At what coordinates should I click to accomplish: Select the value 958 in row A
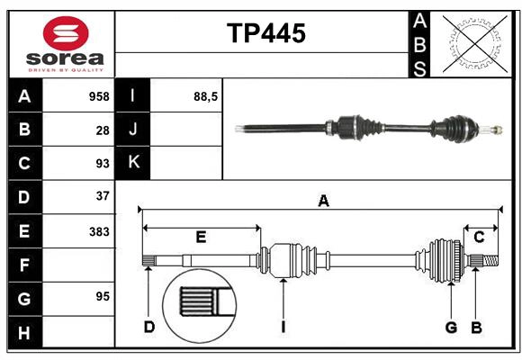99,96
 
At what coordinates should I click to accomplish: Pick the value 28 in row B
103,130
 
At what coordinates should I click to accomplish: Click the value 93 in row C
103,164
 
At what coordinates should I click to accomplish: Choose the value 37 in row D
103,195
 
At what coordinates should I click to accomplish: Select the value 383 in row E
99,231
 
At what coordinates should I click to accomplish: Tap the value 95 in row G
103,296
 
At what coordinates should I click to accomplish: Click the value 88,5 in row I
206,95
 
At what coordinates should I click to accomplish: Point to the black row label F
24,265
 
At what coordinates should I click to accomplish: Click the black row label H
24,333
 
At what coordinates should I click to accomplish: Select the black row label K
133,163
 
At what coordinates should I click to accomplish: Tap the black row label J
133,130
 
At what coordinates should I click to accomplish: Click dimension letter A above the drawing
323,202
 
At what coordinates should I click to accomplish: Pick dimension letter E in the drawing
201,238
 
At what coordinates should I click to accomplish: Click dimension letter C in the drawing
479,238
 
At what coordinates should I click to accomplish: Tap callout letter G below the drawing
451,327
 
